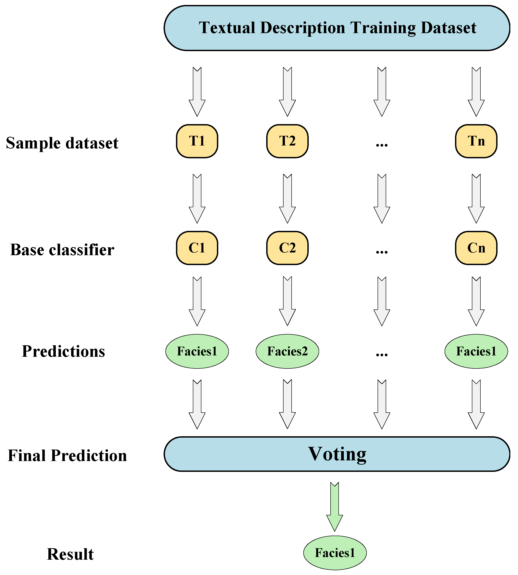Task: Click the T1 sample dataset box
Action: [x=197, y=141]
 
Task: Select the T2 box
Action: [x=287, y=141]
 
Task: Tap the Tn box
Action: [x=476, y=141]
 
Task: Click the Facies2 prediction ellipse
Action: [x=287, y=351]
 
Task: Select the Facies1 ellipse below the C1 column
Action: [x=197, y=351]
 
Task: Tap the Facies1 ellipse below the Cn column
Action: [x=476, y=351]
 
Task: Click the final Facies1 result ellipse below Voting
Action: [x=335, y=553]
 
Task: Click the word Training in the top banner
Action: [x=383, y=28]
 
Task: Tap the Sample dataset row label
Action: [x=62, y=143]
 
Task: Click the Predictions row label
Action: [x=63, y=351]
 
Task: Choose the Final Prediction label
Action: [x=67, y=455]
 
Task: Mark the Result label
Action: [x=70, y=554]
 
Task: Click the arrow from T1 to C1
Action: [x=197, y=198]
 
